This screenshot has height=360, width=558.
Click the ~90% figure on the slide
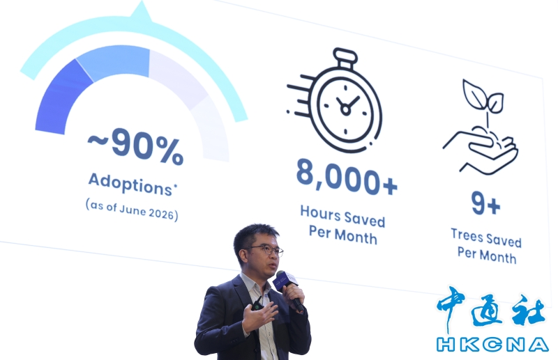(135, 146)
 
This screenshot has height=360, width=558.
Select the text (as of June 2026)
(132, 210)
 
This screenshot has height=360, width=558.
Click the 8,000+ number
(347, 177)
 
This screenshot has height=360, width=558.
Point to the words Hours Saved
(342, 216)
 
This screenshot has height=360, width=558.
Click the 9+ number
(485, 203)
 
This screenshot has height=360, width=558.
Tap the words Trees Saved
(486, 237)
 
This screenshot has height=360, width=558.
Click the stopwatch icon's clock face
(345, 106)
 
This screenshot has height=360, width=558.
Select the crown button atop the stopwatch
(345, 57)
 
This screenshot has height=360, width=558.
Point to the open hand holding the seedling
(481, 150)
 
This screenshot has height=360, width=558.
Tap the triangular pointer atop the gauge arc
(142, 11)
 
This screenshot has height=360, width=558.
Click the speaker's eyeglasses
(266, 250)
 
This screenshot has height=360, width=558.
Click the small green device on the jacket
(257, 305)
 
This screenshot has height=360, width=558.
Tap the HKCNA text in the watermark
(493, 345)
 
